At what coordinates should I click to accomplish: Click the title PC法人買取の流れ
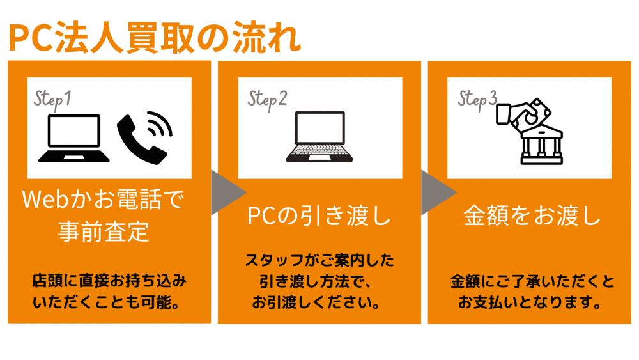pos(155,38)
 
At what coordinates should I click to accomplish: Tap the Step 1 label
pos(52,100)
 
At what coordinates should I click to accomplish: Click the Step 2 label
pos(267,100)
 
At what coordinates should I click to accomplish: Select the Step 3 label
pos(477,100)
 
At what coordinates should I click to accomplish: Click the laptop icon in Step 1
pos(73,138)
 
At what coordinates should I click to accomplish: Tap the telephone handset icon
pos(144,138)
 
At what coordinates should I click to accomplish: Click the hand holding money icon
pos(524,114)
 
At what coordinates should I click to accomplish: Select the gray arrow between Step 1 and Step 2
pos(227,192)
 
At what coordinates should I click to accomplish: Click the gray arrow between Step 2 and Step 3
pos(437,192)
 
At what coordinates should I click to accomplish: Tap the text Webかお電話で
pos(103,200)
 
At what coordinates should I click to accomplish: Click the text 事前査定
pos(104,231)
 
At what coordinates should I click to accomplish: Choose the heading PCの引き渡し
pos(319,215)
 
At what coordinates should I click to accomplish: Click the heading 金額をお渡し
pos(532,215)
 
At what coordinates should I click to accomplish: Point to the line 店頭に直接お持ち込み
pos(109,281)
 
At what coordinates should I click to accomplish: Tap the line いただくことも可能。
pos(107,302)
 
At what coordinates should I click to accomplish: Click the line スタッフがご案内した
pos(319,260)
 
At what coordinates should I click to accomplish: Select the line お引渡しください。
pos(316,302)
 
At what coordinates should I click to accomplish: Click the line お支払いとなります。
pos(530,302)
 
